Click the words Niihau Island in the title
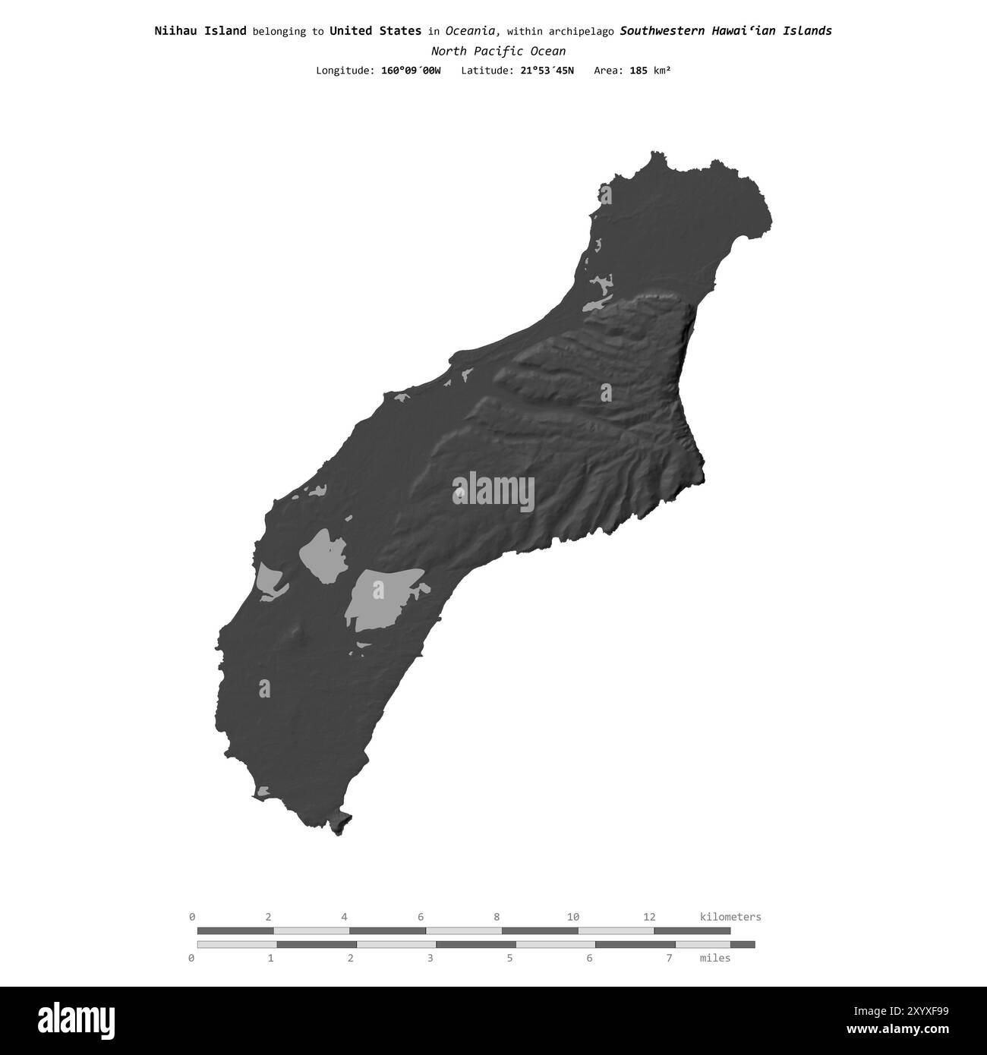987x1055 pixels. [200, 31]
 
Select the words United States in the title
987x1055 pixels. [375, 31]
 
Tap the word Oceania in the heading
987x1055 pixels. [471, 31]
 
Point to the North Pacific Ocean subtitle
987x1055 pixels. [497, 52]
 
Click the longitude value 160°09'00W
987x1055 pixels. [410, 71]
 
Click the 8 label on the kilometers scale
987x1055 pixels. [497, 917]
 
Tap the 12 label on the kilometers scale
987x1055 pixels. [649, 917]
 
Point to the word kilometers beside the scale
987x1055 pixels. [730, 917]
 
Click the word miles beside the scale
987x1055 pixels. [714, 958]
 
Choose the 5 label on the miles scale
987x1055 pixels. [509, 958]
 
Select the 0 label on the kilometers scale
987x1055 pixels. [192, 917]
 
